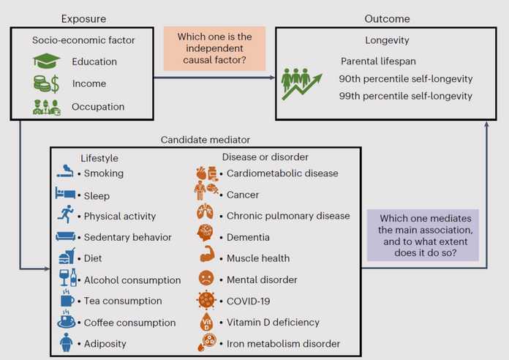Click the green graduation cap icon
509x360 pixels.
pos(46,61)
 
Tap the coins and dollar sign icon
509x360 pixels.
pos(46,83)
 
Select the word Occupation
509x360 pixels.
pos(98,107)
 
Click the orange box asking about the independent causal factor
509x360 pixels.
pos(214,48)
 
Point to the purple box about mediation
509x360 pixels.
pos(423,235)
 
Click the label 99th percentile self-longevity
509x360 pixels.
pos(406,96)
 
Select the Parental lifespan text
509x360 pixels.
pos(378,61)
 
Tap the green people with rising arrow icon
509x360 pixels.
pos(301,84)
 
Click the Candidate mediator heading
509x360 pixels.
pos(206,140)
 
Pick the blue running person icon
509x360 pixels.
pos(66,214)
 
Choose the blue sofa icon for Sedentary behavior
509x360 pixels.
pos(66,236)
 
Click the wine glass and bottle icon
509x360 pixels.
pos(68,278)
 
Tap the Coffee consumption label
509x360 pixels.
pos(130,323)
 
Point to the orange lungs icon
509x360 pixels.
pos(206,212)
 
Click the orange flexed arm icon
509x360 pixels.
pos(207,254)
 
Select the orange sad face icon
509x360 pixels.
pos(206,278)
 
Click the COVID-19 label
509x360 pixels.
pos(249,301)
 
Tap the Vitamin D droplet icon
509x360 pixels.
pos(206,322)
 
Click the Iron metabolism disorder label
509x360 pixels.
pos(284,344)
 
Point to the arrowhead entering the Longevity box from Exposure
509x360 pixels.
pos(273,78)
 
